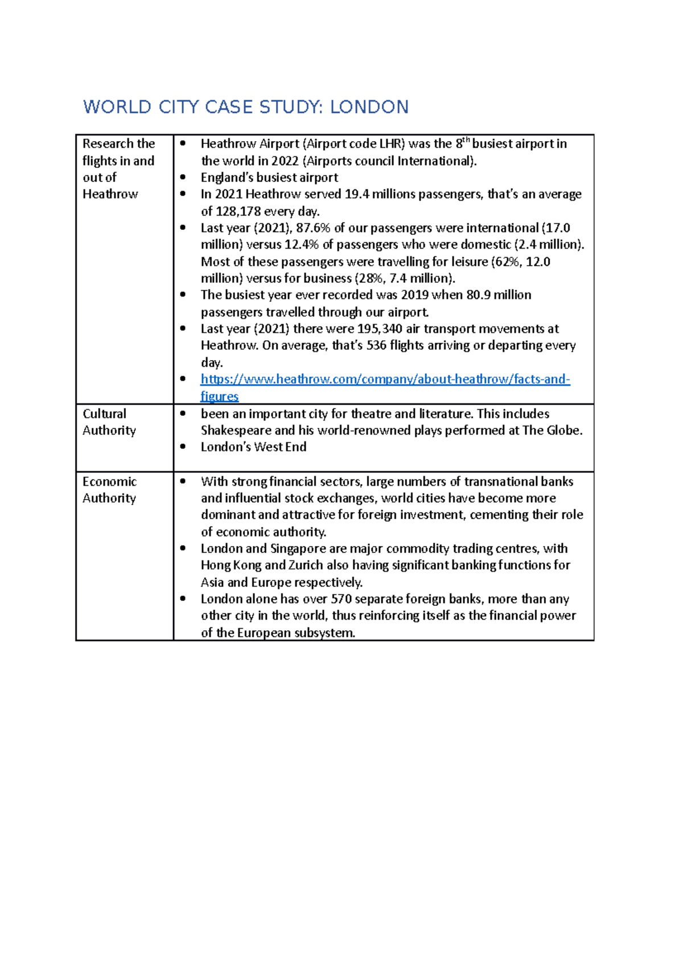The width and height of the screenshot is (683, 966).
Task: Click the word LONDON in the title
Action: point(369,107)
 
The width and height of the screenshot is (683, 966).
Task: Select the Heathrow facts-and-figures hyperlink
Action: point(385,379)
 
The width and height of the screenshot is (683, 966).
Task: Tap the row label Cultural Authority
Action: point(109,422)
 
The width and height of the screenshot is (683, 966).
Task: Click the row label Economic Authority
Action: point(109,490)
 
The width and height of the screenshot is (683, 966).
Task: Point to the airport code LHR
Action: point(390,144)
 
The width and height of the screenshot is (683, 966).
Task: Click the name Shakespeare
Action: point(236,431)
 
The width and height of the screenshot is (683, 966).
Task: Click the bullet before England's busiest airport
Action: point(183,177)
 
